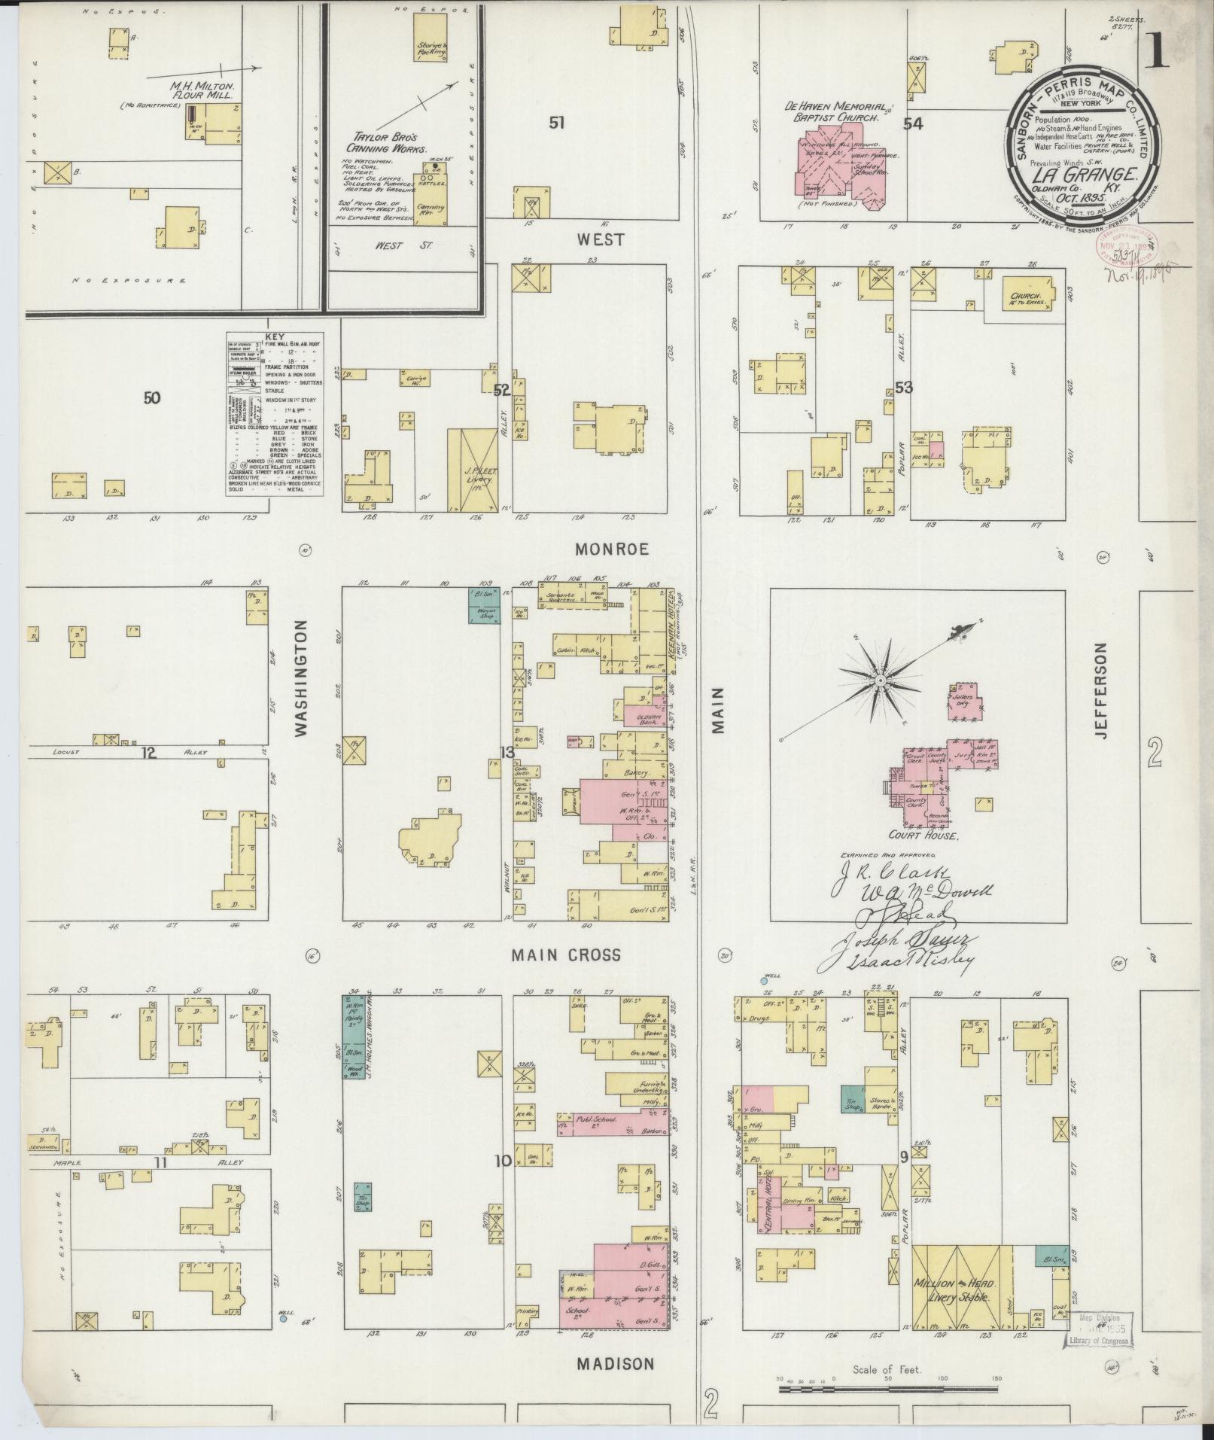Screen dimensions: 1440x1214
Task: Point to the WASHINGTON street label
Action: pyautogui.click(x=303, y=677)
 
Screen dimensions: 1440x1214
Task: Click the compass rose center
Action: pyautogui.click(x=878, y=679)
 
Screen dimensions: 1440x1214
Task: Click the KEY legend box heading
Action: pyautogui.click(x=275, y=338)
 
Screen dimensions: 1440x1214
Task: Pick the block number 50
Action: pyautogui.click(x=152, y=397)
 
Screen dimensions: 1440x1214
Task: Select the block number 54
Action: pyautogui.click(x=913, y=124)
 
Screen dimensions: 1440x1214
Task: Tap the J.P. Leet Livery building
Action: pyautogui.click(x=473, y=470)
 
